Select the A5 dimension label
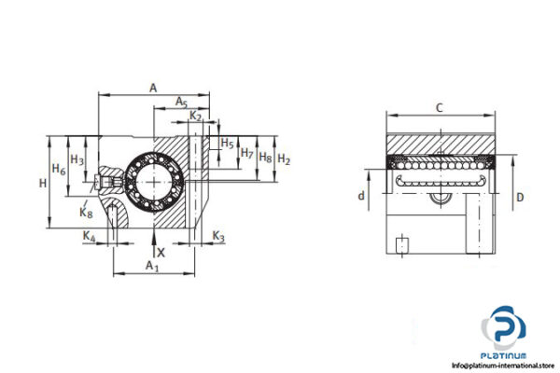point(182,102)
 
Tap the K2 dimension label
point(195,115)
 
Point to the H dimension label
point(42,184)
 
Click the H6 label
point(58,170)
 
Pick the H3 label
point(77,161)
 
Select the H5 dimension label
point(227,144)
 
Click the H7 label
point(246,152)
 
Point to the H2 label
point(285,160)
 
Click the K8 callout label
point(86,213)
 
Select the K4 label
point(89,238)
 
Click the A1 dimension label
point(153,268)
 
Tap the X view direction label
point(161,251)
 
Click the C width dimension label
point(439,108)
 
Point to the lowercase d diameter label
point(361,196)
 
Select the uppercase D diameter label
point(521,197)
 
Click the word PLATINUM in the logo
point(505,355)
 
